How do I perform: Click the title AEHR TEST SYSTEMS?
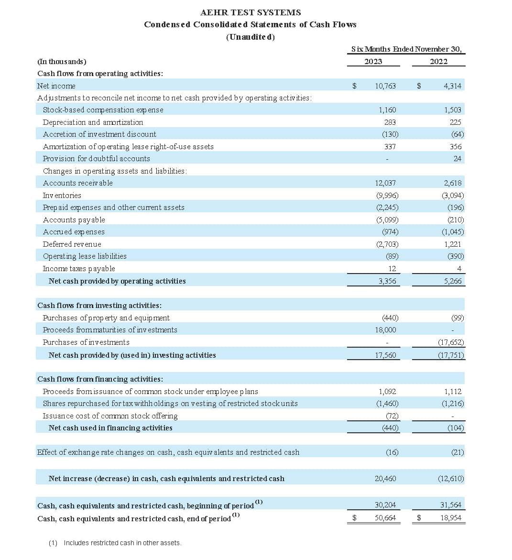[251, 12]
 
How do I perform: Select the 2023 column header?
[373, 61]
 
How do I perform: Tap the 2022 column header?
[438, 61]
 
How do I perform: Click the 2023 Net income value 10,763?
[385, 86]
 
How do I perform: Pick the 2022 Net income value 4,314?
[452, 86]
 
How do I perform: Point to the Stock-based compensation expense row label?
[103, 110]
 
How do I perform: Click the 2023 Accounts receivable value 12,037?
[385, 183]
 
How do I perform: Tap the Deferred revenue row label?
[72, 244]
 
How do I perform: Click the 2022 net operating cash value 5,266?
[452, 281]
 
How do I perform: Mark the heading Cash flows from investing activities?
[99, 306]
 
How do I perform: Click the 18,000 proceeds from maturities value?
[385, 330]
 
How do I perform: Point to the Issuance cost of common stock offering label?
[110, 416]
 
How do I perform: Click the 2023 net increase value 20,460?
[385, 479]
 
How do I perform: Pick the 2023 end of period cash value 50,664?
[385, 518]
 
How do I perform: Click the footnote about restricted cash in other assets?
[115, 543]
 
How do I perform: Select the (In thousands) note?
[62, 62]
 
